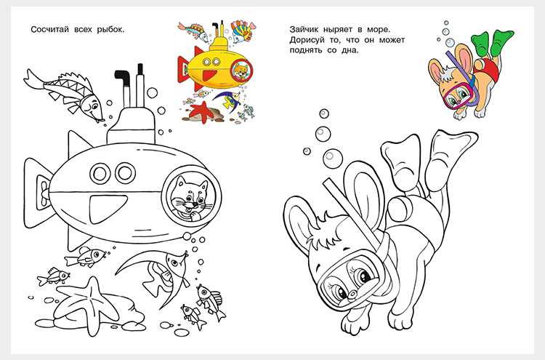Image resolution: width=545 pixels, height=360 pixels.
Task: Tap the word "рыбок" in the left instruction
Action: [110, 30]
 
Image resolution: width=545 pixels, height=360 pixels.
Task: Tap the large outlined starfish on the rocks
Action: [91, 304]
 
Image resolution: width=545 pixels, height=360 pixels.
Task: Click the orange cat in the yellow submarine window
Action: [241, 71]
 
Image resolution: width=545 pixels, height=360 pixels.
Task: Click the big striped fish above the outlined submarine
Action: [65, 93]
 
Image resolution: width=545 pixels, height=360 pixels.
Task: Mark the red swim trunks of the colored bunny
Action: [490, 69]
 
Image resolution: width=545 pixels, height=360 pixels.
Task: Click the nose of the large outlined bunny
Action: [352, 294]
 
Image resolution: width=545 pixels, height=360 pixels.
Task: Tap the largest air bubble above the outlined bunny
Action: [333, 159]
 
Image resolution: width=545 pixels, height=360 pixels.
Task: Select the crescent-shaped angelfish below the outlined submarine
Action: [156, 274]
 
